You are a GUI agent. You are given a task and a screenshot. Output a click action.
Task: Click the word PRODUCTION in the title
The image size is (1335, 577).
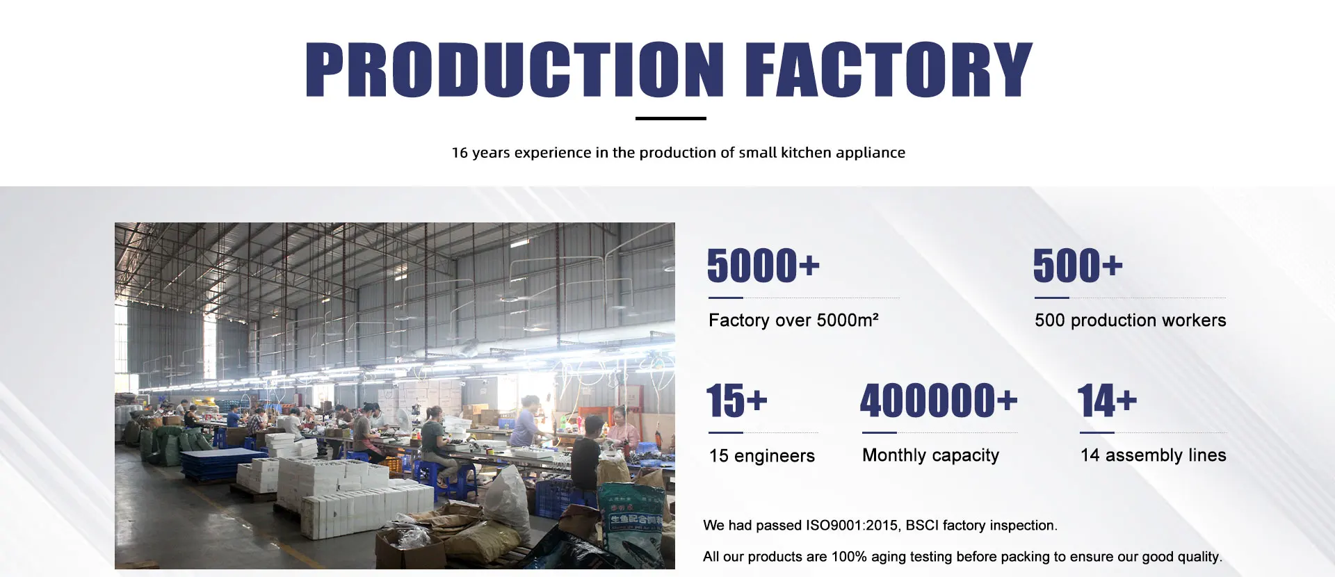[x=515, y=69]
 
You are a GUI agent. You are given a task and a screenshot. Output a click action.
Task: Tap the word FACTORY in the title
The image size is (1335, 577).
[x=889, y=69]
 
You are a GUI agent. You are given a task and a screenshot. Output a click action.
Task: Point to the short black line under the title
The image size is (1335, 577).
[x=671, y=118]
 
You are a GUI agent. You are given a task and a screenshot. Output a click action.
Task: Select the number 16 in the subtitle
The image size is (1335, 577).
[x=460, y=153]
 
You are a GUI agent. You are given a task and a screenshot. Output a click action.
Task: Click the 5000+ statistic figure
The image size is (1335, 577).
[x=763, y=266]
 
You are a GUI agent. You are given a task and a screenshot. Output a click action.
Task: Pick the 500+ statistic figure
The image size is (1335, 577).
[x=1078, y=266]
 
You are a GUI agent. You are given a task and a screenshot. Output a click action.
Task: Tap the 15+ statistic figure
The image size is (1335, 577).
[x=737, y=400]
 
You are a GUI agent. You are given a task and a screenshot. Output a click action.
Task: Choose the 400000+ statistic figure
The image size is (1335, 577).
[x=939, y=400]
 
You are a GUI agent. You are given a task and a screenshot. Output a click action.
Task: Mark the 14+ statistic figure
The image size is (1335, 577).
[x=1108, y=400]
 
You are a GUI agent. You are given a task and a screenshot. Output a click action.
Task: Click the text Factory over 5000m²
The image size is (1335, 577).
[x=793, y=320]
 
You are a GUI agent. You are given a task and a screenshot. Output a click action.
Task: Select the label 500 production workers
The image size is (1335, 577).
[x=1131, y=320]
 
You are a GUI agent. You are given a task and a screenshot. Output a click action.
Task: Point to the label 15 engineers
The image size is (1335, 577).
[x=761, y=456]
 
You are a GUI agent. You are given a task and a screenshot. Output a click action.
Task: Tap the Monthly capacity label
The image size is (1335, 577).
[x=930, y=455]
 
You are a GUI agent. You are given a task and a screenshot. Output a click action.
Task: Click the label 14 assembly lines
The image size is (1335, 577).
[x=1154, y=455]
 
